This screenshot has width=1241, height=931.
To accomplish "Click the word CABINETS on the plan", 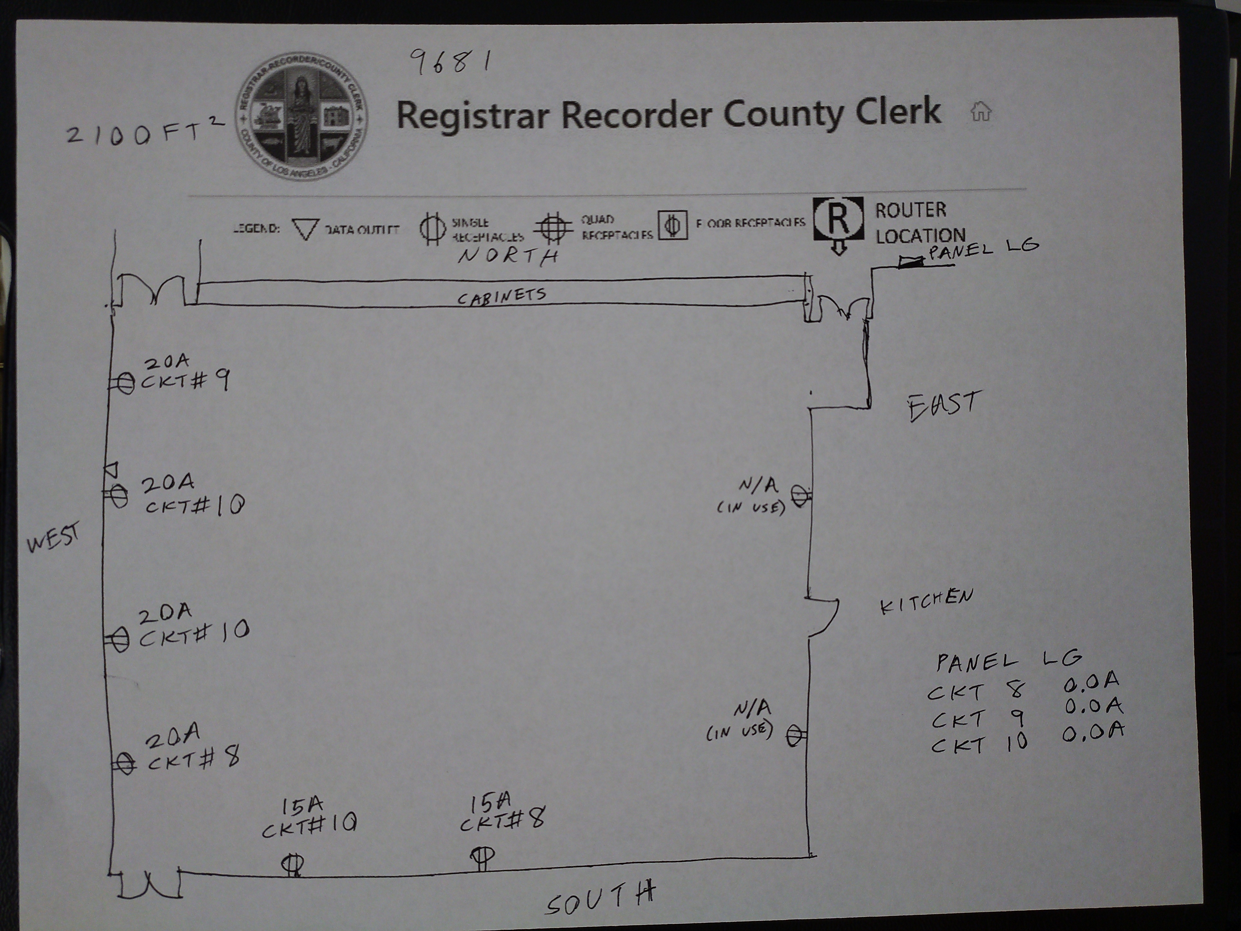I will (501, 296).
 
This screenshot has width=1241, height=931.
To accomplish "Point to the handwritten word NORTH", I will (508, 256).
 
